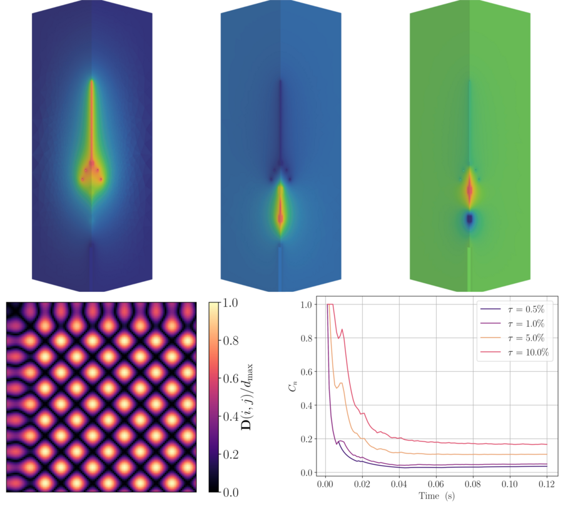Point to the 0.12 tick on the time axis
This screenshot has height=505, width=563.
pos(546,483)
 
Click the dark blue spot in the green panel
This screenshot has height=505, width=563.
pos(469,220)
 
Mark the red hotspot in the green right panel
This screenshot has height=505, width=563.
pos(469,190)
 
